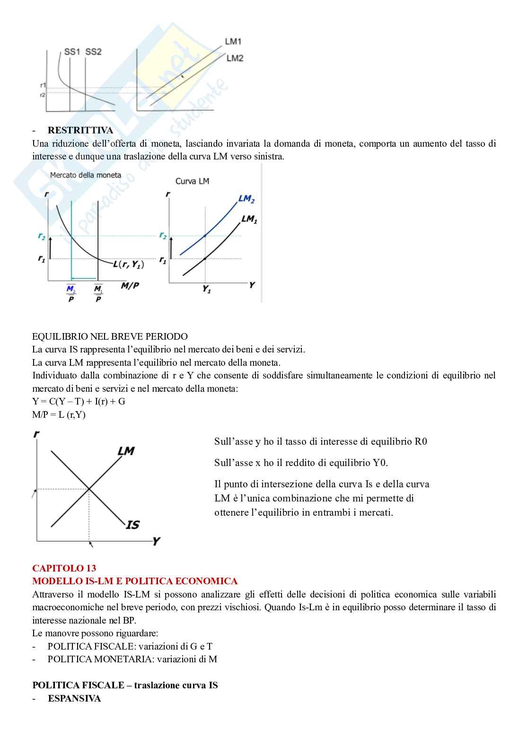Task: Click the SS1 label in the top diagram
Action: [x=71, y=52]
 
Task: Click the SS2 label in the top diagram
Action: [x=93, y=52]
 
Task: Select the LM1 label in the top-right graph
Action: [x=233, y=42]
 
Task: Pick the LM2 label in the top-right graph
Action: [x=235, y=58]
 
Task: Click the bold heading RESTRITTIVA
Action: [x=80, y=130]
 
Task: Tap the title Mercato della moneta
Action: [x=85, y=175]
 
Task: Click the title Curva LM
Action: [x=192, y=181]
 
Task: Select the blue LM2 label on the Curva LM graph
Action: [x=246, y=199]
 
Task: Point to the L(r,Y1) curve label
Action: [x=128, y=264]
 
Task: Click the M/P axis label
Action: [x=130, y=286]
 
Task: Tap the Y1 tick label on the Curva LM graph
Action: [x=207, y=289]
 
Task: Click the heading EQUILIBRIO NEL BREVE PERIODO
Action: [x=110, y=336]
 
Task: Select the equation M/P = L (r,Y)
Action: [x=59, y=415]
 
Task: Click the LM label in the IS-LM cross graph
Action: [x=126, y=451]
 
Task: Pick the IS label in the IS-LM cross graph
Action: [x=132, y=525]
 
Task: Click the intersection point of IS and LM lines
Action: [x=89, y=489]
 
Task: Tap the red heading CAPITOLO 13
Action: [x=64, y=568]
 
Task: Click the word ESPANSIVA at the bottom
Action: [x=74, y=698]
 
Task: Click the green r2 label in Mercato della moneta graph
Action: [x=42, y=237]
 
